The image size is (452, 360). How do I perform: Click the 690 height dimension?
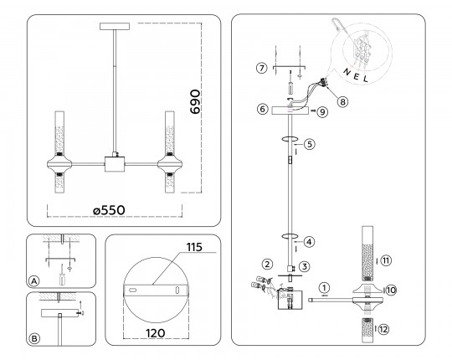click(195, 102)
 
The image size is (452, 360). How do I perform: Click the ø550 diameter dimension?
click(110, 210)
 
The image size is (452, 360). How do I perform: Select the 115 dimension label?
click(194, 247)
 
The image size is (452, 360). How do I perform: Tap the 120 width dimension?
click(156, 333)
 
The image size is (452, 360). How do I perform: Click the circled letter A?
click(34, 281)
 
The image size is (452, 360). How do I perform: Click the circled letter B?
click(34, 338)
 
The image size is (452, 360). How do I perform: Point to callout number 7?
click(261, 69)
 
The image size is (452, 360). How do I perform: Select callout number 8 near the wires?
click(342, 101)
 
